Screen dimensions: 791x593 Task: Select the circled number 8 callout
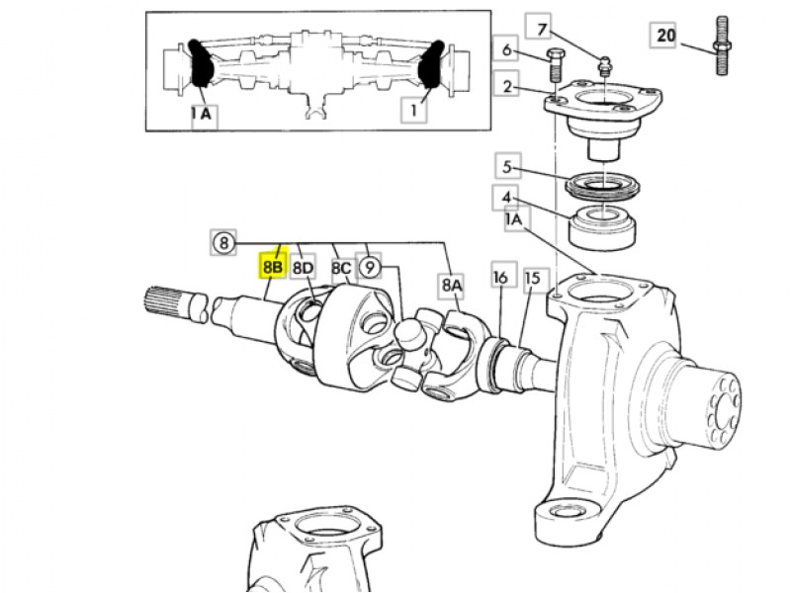pyautogui.click(x=223, y=242)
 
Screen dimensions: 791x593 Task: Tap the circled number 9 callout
pyautogui.click(x=369, y=266)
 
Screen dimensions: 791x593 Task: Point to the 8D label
pyautogui.click(x=303, y=266)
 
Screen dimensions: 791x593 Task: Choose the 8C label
pyautogui.click(x=341, y=268)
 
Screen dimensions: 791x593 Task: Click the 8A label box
pyautogui.click(x=452, y=285)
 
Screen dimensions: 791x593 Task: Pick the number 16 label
pyautogui.click(x=500, y=277)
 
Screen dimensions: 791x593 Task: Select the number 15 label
pyautogui.click(x=533, y=278)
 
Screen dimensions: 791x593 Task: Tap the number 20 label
pyautogui.click(x=665, y=35)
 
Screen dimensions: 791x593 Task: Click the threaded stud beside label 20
pyautogui.click(x=722, y=45)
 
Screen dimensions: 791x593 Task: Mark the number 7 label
pyautogui.click(x=540, y=29)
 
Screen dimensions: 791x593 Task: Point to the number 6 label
pyautogui.click(x=506, y=50)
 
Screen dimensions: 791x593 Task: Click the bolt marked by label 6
pyautogui.click(x=555, y=65)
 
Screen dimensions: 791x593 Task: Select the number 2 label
pyautogui.click(x=506, y=86)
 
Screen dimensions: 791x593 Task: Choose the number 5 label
pyautogui.click(x=507, y=167)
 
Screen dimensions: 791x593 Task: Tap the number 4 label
pyautogui.click(x=506, y=198)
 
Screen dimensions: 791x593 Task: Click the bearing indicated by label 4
pyautogui.click(x=602, y=227)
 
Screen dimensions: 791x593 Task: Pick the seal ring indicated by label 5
pyautogui.click(x=603, y=185)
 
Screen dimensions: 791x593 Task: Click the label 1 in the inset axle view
pyautogui.click(x=413, y=110)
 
